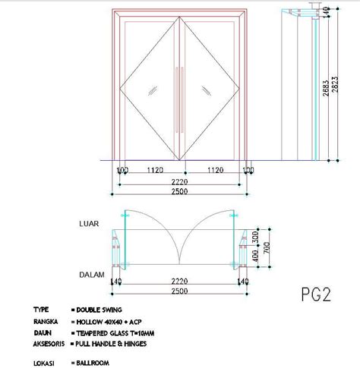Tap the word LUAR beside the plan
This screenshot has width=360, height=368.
(90, 225)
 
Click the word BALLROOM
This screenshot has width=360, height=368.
(93, 363)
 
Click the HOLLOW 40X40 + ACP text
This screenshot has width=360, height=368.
(106, 322)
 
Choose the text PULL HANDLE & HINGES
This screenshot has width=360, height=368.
(111, 344)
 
